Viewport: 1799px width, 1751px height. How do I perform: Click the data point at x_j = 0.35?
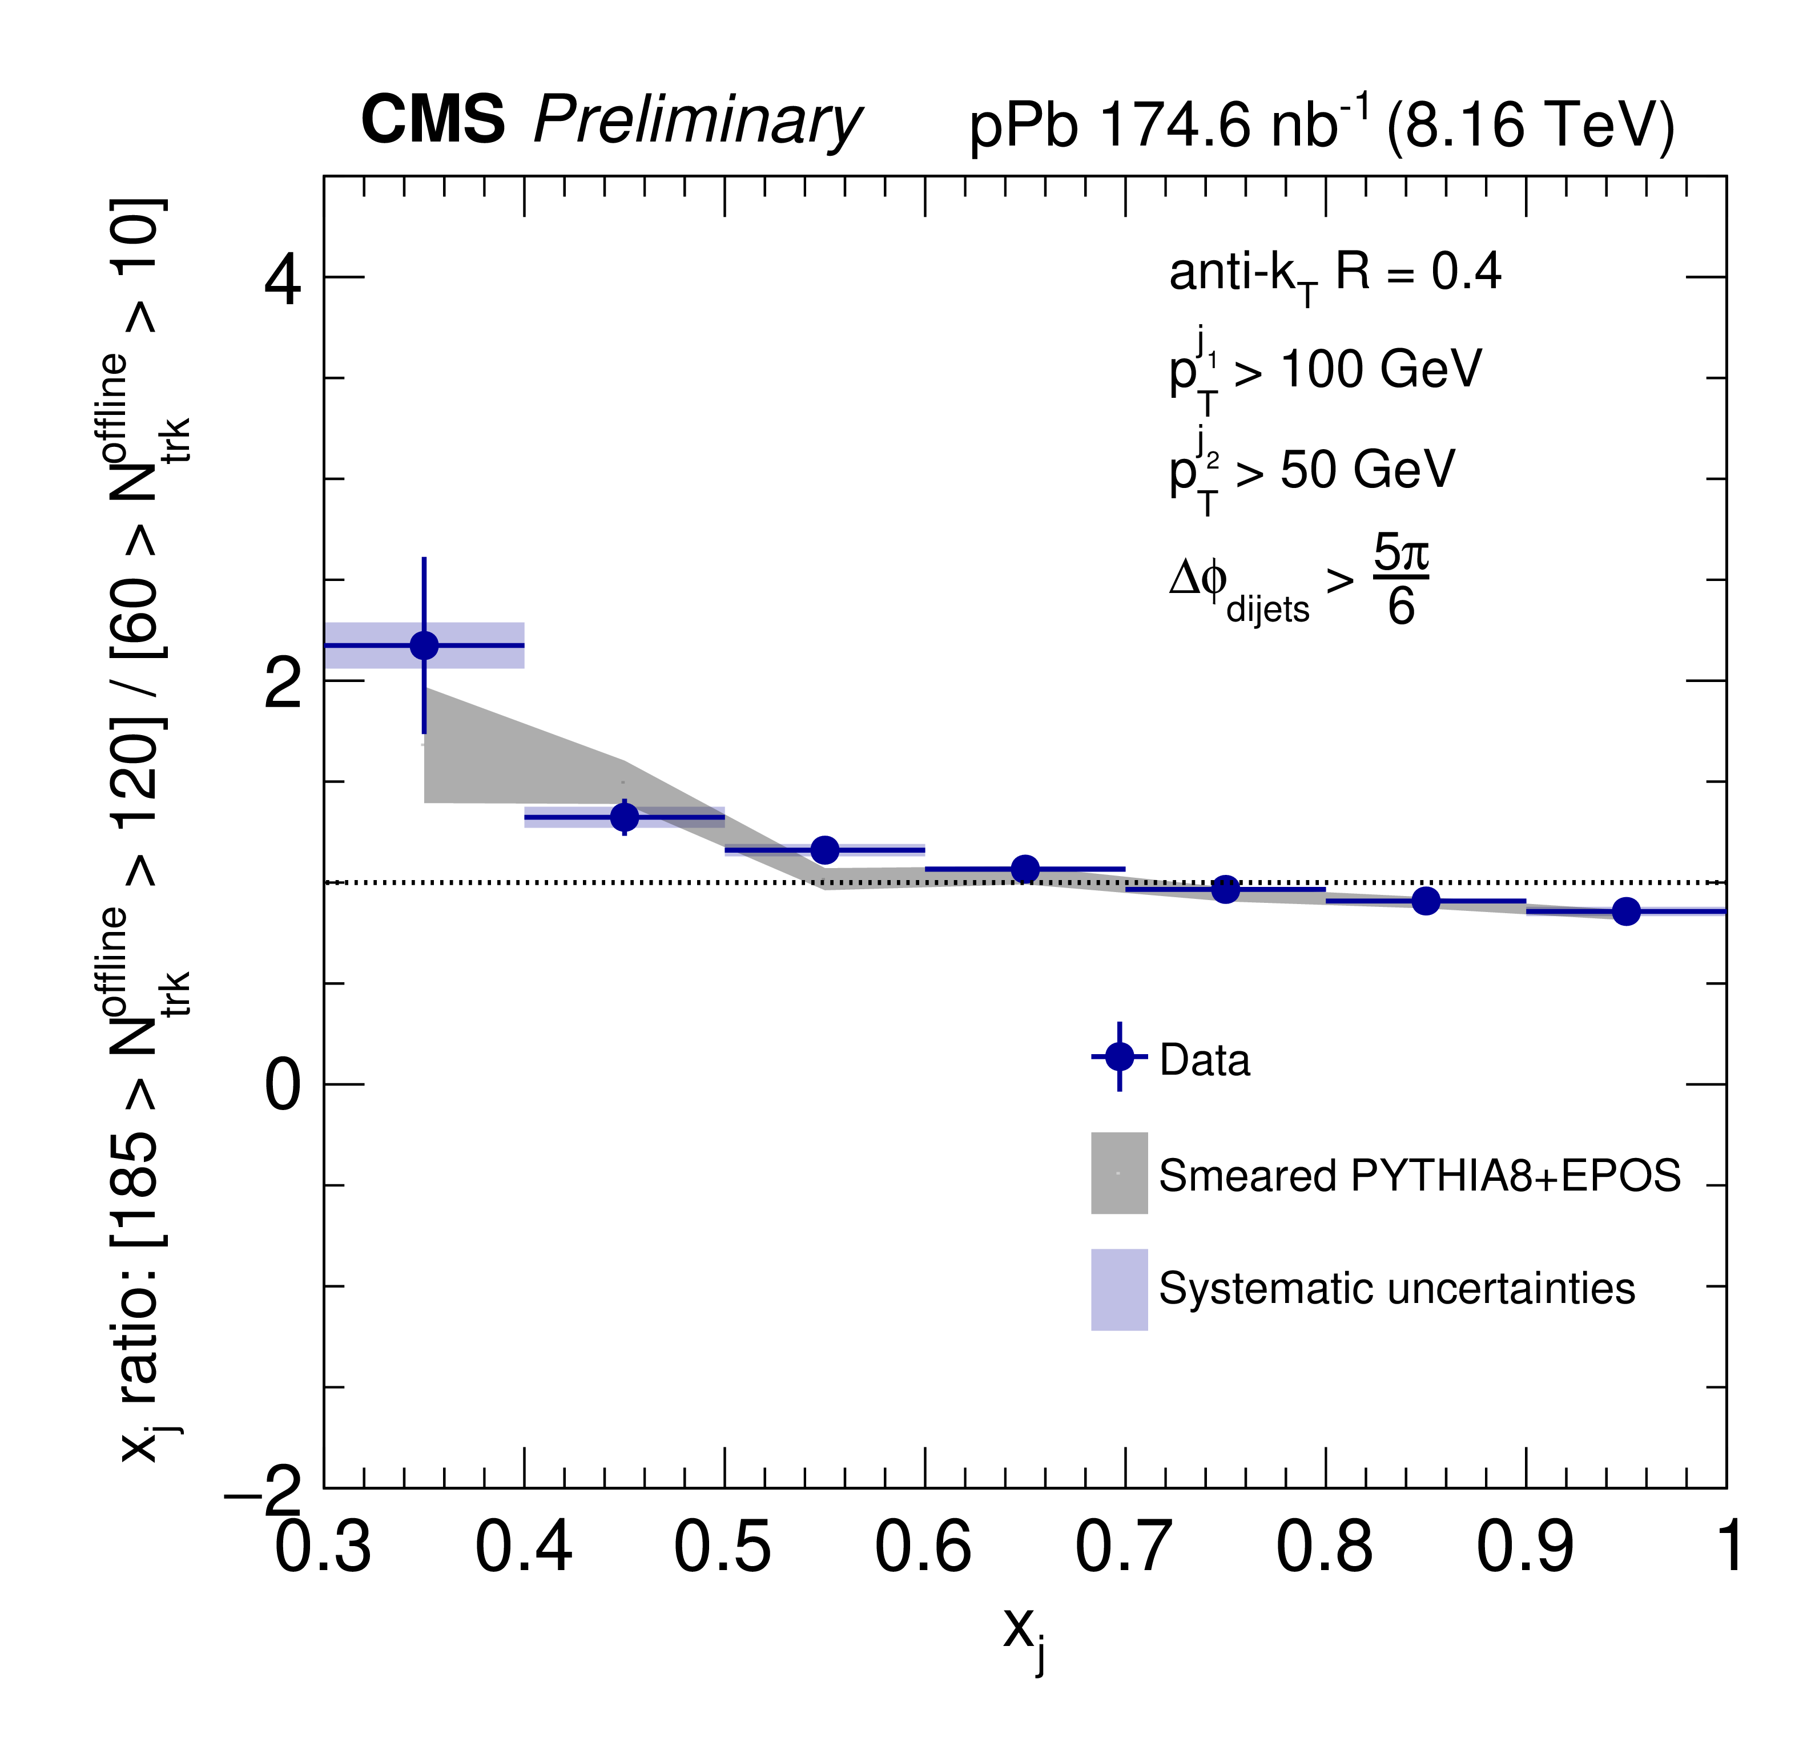tap(424, 645)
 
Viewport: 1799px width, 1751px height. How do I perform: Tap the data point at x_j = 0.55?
tap(825, 850)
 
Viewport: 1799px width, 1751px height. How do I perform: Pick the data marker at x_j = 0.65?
tap(1025, 868)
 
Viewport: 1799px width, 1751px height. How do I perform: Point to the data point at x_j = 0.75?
tap(1225, 889)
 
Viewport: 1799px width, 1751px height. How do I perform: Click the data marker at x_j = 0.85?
tap(1426, 901)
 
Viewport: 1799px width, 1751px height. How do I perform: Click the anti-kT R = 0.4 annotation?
tap(1334, 273)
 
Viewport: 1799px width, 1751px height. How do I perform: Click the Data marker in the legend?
tap(1120, 1056)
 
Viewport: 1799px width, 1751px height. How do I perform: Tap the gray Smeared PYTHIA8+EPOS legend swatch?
tap(1120, 1172)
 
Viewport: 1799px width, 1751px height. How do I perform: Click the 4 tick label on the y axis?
tap(283, 280)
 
